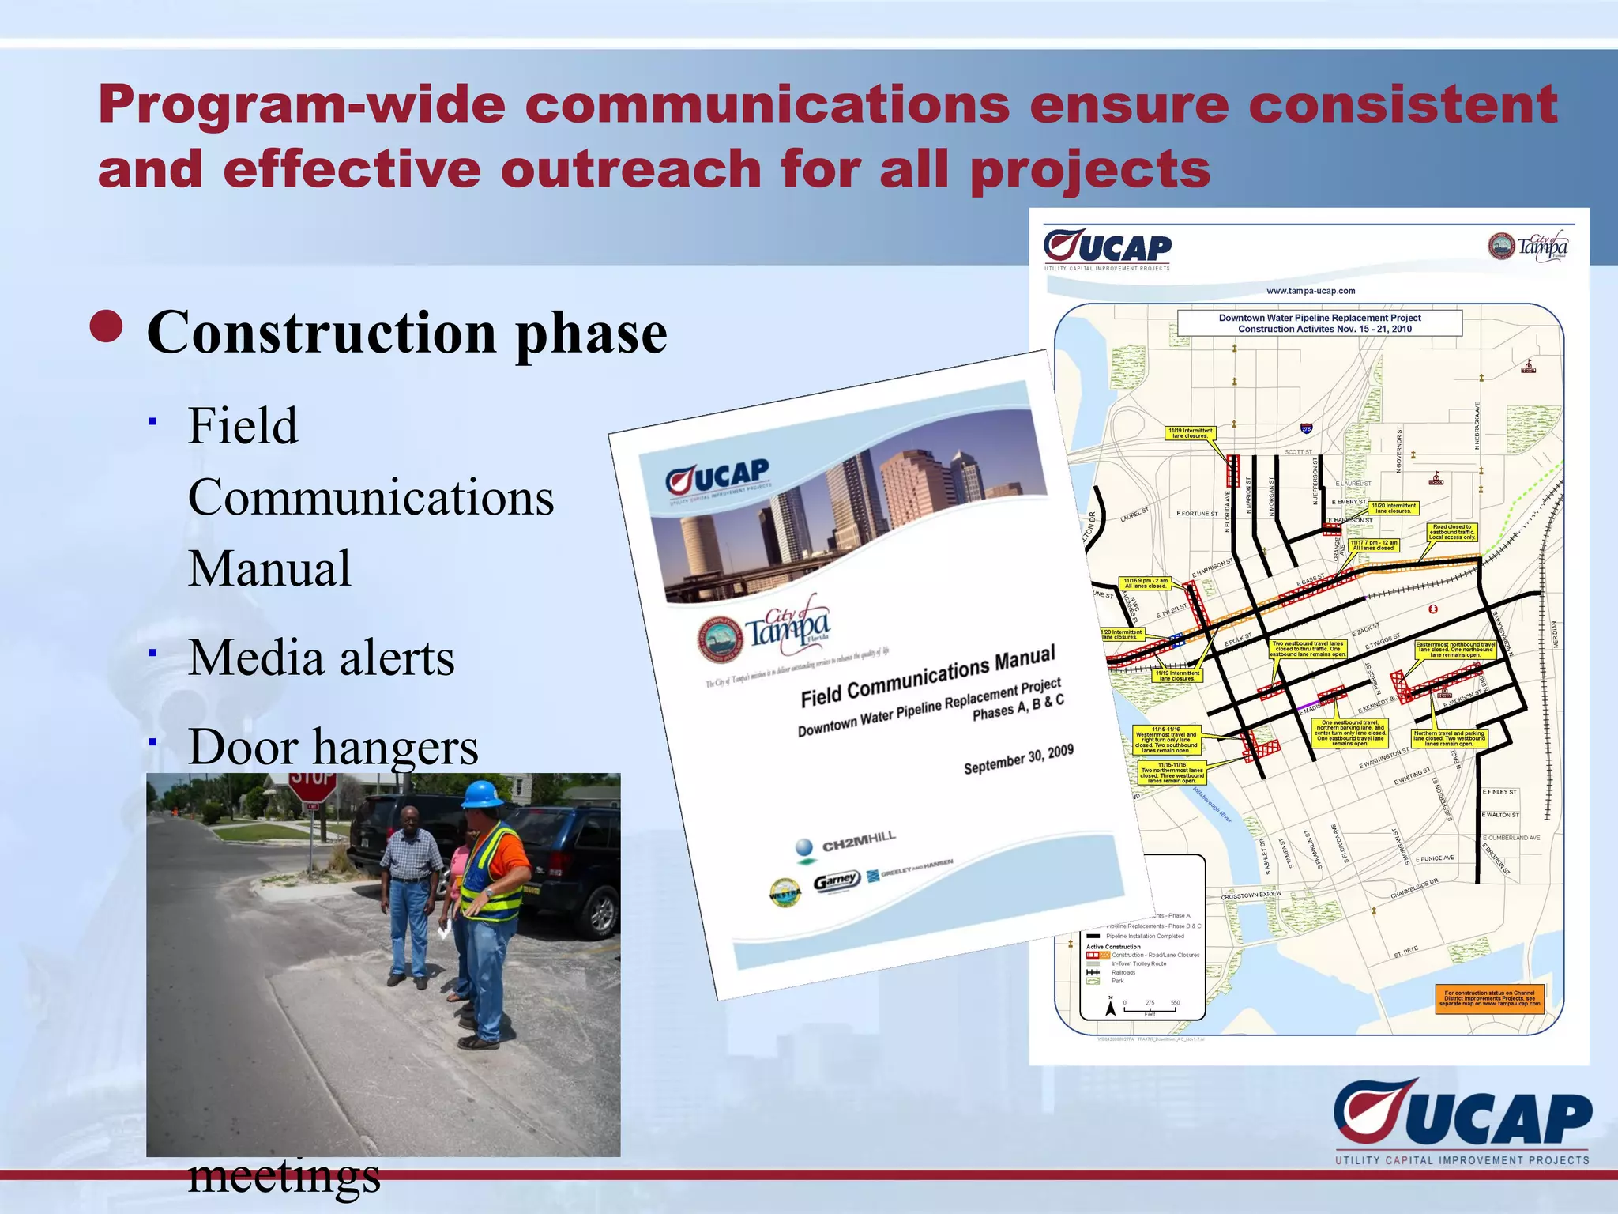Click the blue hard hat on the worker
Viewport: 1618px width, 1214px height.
tap(482, 794)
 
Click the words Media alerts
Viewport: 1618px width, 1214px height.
tap(321, 658)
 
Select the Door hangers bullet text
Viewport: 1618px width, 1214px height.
tap(333, 746)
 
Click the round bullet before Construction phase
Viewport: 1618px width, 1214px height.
tap(107, 327)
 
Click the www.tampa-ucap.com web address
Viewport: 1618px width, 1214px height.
tap(1310, 291)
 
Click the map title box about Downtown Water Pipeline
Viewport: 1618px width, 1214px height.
tap(1319, 323)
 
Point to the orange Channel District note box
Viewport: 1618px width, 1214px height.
tap(1488, 998)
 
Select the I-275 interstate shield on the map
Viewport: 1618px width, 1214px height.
tap(1306, 428)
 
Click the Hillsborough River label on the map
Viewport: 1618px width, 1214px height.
tap(1213, 805)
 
